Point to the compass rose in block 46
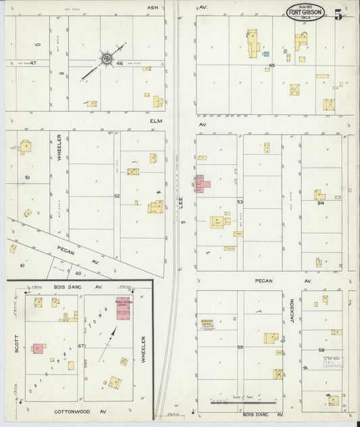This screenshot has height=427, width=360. click(x=107, y=60)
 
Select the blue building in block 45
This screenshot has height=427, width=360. click(x=266, y=53)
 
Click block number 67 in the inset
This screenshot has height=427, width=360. click(x=80, y=346)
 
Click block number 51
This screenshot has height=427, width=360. click(x=28, y=177)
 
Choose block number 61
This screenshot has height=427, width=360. click(x=22, y=266)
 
